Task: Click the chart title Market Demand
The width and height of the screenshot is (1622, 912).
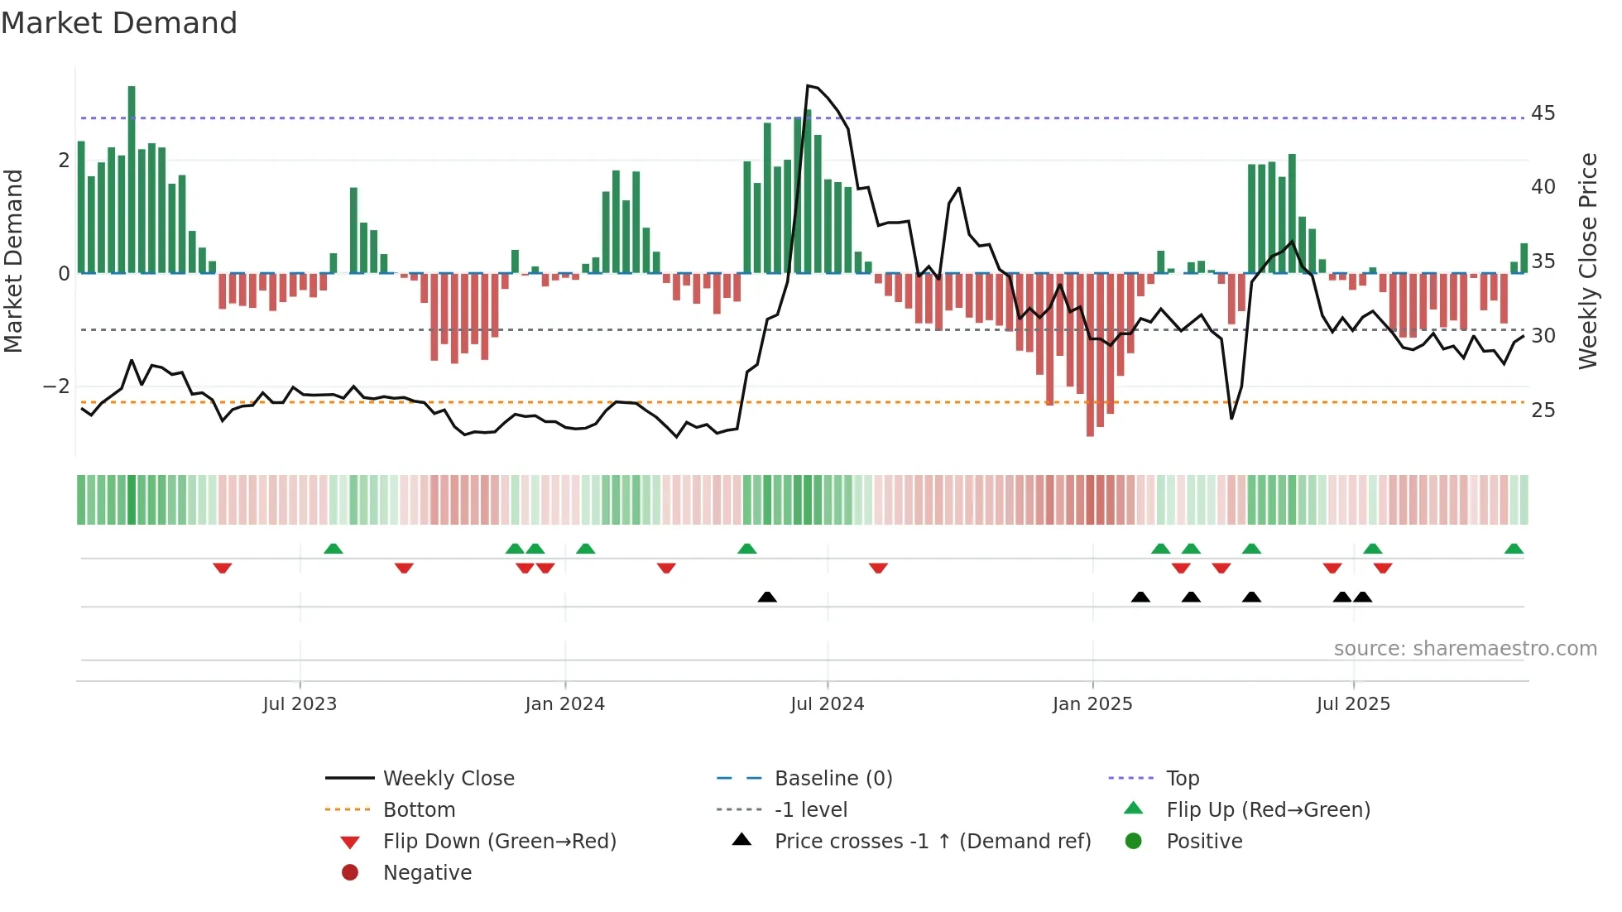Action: point(119,23)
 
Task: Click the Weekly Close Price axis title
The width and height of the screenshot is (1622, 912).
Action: point(1587,261)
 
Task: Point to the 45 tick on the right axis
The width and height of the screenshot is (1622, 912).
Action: point(1543,113)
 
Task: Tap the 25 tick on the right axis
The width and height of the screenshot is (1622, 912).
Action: point(1543,410)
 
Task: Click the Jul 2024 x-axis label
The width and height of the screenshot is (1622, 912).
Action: point(827,704)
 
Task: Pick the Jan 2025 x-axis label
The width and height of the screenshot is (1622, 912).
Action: point(1092,704)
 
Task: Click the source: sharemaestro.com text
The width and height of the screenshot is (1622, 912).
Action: point(1465,649)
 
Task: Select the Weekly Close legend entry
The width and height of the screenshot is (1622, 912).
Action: point(448,779)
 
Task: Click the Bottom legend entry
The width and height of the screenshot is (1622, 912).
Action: point(419,810)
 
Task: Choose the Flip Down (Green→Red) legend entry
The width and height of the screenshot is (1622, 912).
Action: point(499,842)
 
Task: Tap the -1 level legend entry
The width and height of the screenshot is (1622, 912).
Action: point(810,810)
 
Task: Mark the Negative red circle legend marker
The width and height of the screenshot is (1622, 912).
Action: point(350,873)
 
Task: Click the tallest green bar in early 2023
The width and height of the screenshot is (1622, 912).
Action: point(132,178)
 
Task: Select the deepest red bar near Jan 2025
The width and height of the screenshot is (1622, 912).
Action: point(1090,356)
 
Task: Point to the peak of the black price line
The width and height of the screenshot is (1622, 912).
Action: point(809,86)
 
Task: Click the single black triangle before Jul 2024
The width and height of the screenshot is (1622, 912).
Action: point(767,597)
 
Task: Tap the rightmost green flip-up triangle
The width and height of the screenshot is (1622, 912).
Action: point(1514,549)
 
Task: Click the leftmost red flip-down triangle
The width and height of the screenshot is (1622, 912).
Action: point(222,568)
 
